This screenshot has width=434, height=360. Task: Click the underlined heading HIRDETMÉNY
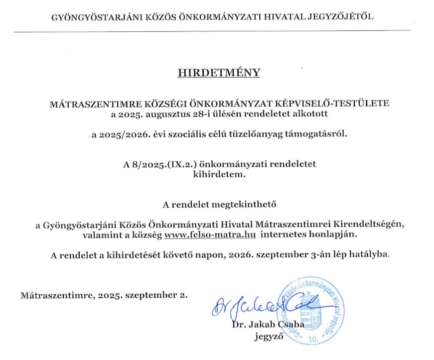(x=219, y=73)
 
